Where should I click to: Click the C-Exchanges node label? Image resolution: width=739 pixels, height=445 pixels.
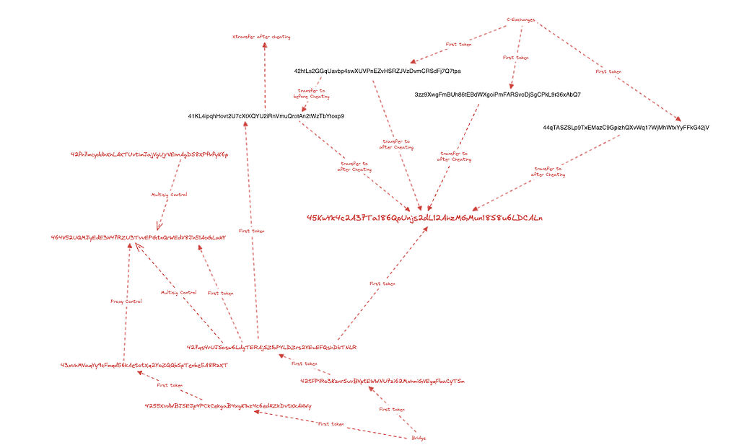pos(520,20)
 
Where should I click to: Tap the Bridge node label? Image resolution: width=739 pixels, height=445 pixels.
pos(419,438)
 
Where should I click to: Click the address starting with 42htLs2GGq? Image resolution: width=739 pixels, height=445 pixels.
pos(377,71)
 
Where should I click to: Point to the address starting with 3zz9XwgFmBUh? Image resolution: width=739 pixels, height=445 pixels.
pos(498,94)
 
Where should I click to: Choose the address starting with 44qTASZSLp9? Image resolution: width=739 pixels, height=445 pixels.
pos(626,128)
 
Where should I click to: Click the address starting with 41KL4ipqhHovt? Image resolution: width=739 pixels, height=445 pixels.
pos(266,116)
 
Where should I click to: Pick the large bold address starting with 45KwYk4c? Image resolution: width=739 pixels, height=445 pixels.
pos(424,217)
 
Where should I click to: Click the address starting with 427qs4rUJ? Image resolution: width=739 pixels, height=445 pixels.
pos(271,347)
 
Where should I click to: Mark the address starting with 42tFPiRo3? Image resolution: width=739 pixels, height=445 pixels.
pos(382,380)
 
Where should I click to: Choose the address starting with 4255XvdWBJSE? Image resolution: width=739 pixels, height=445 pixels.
pos(228,406)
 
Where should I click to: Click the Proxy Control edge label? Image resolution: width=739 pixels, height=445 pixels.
pos(126,301)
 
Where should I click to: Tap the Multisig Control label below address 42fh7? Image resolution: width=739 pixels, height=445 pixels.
pos(169,195)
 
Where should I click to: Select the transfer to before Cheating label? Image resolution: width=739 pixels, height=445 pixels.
pos(312,93)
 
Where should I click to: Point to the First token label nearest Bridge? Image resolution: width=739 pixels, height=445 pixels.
pos(388,410)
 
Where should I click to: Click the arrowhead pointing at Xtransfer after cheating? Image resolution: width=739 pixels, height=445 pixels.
pos(264,45)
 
